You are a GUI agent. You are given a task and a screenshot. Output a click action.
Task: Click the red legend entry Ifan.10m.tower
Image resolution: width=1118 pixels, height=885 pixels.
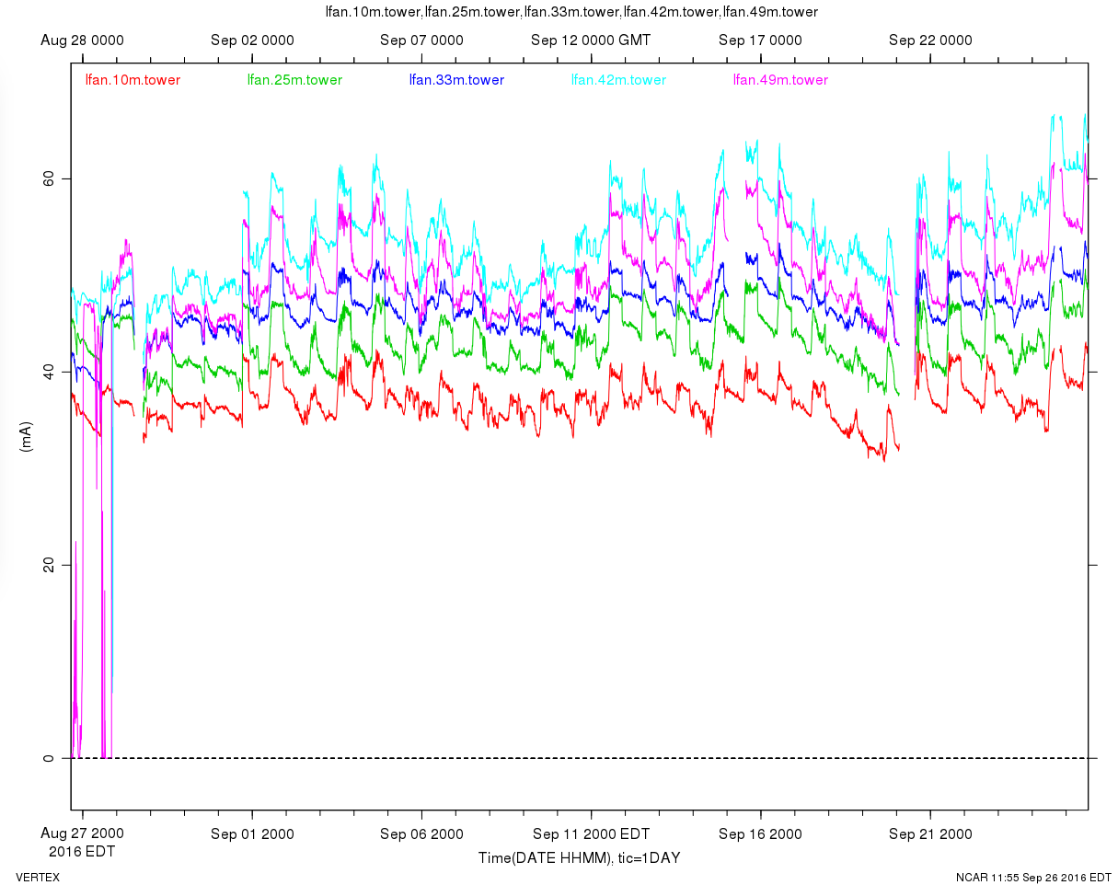coord(133,80)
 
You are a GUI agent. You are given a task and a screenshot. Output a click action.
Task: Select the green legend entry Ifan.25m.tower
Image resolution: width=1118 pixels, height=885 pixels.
coord(294,80)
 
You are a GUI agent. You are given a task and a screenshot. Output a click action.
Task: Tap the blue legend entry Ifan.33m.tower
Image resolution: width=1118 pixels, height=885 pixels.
coord(456,80)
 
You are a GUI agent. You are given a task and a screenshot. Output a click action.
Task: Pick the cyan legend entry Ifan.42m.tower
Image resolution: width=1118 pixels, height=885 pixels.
coord(618,80)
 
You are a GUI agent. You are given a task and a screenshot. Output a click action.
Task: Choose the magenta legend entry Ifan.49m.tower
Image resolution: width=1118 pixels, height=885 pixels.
coord(780,80)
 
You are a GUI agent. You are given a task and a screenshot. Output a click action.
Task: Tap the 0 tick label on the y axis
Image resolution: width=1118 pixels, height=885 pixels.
coord(50,758)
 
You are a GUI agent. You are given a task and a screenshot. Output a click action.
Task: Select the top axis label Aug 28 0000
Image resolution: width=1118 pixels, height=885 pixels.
coord(83,40)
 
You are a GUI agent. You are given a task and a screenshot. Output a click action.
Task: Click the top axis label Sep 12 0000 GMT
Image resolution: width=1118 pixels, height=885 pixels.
coord(591,40)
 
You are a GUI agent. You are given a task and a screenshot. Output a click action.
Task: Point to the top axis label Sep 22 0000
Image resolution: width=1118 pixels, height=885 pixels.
coord(930,40)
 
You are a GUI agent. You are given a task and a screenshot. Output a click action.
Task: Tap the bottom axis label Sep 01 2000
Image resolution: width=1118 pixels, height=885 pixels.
coord(252,834)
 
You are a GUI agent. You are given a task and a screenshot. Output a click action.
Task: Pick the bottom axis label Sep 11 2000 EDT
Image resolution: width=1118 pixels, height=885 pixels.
coord(591,834)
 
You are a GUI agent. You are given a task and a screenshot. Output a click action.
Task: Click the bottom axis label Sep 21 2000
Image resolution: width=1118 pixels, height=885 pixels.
coord(930,834)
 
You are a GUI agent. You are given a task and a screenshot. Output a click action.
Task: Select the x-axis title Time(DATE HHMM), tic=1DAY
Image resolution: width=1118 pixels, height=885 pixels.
coord(579,858)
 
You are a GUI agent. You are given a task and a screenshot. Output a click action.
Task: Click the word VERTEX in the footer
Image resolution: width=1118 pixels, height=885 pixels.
coord(38,877)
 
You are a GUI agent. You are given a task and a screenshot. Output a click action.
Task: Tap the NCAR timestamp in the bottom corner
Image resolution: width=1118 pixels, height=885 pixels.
coord(1033,877)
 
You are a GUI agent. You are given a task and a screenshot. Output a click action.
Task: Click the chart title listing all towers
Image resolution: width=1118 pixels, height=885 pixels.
coord(571,12)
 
